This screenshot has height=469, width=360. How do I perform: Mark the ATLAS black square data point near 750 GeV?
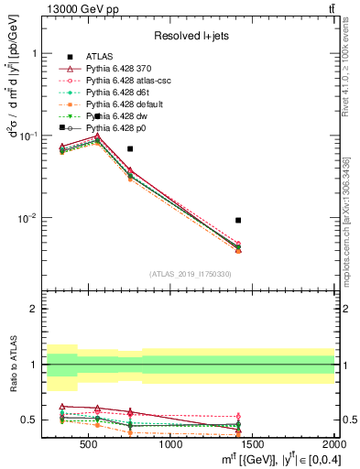(130, 148)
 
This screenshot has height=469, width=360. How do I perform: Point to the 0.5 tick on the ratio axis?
(30, 420)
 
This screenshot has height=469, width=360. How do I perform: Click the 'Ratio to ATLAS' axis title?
(11, 365)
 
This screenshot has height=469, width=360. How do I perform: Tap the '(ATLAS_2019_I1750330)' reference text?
(189, 274)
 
